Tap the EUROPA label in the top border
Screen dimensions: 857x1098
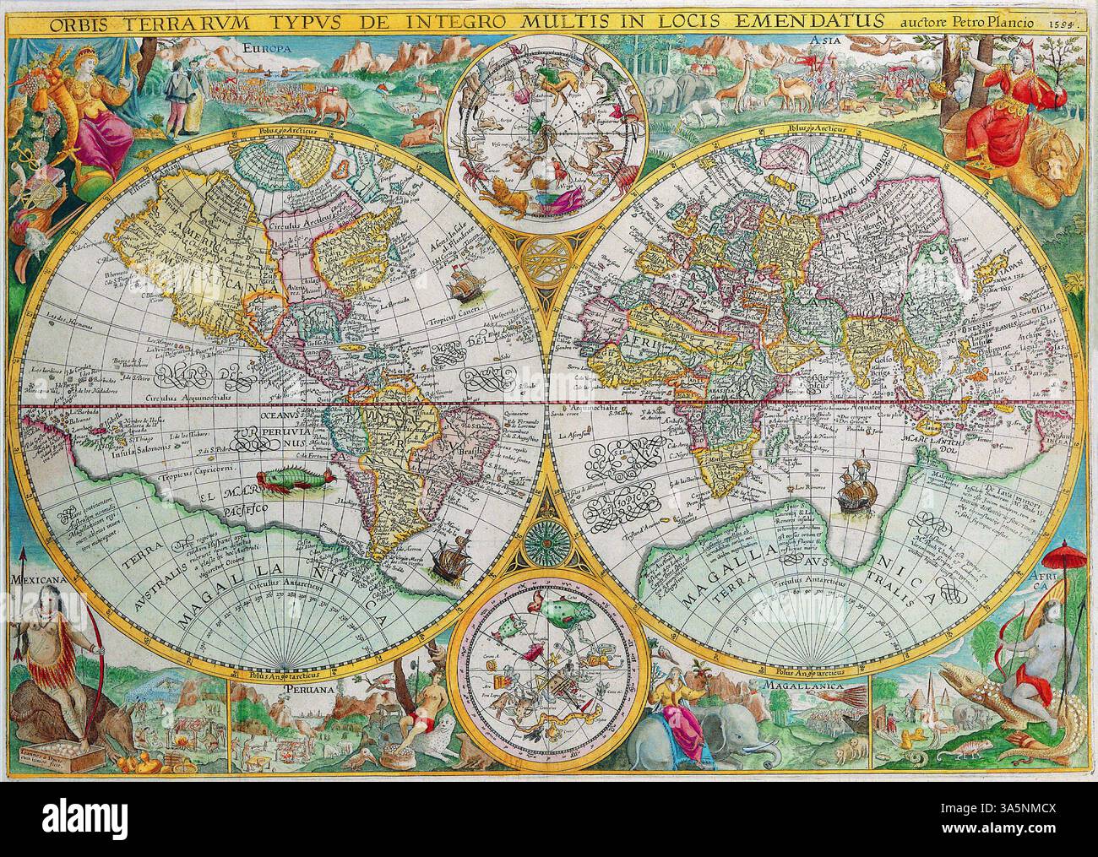click(x=267, y=50)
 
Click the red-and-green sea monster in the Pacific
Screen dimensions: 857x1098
click(x=291, y=482)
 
